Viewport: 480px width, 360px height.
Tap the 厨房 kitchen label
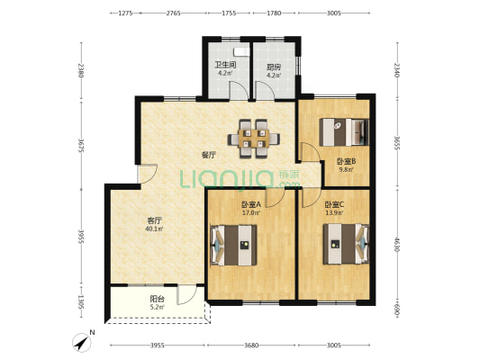(x=274, y=67)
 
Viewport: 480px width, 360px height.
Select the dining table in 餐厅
(x=254, y=139)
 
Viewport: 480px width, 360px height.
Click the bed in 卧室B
(x=343, y=132)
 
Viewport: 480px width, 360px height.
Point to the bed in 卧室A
(x=233, y=245)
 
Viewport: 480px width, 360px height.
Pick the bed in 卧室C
(x=346, y=244)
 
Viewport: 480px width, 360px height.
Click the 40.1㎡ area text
(x=154, y=229)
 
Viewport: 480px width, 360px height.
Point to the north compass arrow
(x=82, y=343)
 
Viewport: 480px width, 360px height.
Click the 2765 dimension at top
(x=173, y=13)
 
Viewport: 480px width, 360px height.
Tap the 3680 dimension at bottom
(x=251, y=346)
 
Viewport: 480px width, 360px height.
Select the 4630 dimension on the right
(x=397, y=243)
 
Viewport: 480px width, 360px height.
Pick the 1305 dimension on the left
(x=81, y=302)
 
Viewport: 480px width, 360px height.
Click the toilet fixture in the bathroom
(x=242, y=52)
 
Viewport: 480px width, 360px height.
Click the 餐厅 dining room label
(x=208, y=155)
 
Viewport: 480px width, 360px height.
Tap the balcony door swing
(x=186, y=294)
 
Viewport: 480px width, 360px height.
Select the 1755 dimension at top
(x=229, y=13)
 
